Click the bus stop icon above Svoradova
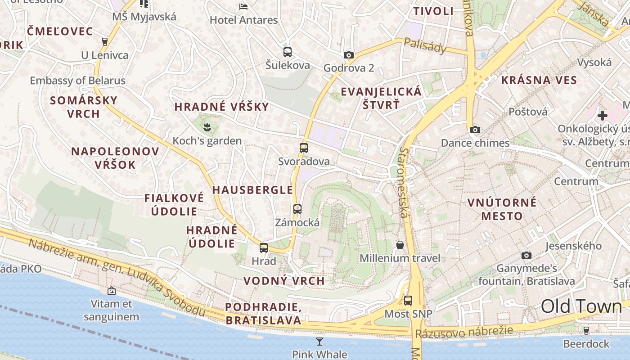(x=304, y=148)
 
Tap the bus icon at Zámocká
(x=297, y=209)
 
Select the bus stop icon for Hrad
(x=264, y=247)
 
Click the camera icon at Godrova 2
(x=348, y=55)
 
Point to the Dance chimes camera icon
(x=475, y=130)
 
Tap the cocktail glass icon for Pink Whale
(x=319, y=341)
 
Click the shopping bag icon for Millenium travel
(x=400, y=245)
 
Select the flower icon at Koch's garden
(x=207, y=127)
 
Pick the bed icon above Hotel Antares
(x=243, y=6)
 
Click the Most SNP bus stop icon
(x=408, y=300)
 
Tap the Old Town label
(x=581, y=306)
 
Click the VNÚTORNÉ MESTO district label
(x=502, y=209)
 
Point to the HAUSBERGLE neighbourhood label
(x=252, y=190)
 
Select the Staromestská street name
(x=404, y=182)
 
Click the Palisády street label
(x=425, y=45)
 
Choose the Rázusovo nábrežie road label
(x=463, y=332)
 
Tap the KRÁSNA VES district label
(x=539, y=81)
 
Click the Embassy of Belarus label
(x=77, y=81)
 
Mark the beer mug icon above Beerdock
(x=586, y=331)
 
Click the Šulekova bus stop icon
(x=288, y=52)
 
